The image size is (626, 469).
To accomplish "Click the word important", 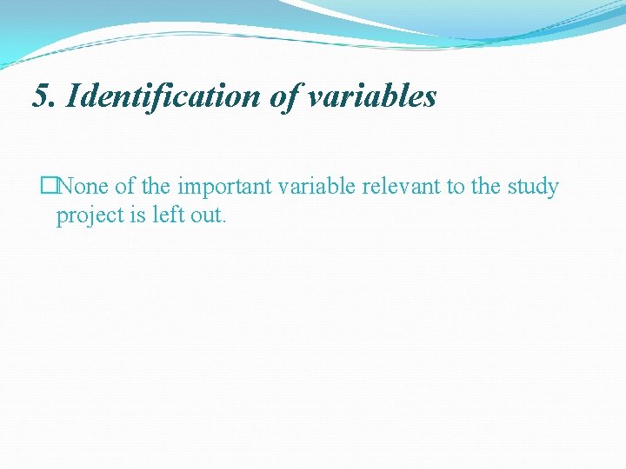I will [x=224, y=187].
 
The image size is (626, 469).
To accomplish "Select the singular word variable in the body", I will [x=316, y=187].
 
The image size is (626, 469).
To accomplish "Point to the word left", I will [x=168, y=215].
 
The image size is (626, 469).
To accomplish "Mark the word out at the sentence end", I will [x=208, y=215].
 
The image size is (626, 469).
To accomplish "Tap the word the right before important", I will [x=157, y=187].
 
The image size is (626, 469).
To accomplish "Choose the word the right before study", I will [x=487, y=187].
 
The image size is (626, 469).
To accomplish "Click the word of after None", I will [x=124, y=187].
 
